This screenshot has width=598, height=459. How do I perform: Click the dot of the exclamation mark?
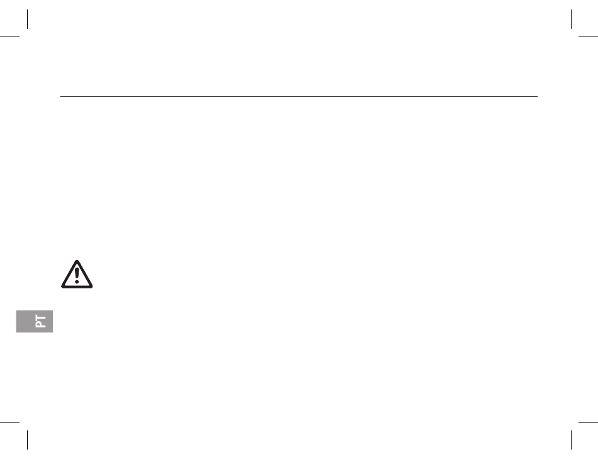pos(77,281)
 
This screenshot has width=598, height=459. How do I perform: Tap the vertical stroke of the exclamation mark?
pos(77,273)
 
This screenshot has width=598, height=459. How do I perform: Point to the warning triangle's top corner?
pos(77,261)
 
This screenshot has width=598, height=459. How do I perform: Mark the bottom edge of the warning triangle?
pos(77,286)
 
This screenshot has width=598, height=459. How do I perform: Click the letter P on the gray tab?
pos(40,324)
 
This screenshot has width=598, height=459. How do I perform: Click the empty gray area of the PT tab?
pos(25,321)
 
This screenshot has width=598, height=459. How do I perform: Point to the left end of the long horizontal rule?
pos(60,96)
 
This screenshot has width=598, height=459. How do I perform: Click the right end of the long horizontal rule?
pos(538,96)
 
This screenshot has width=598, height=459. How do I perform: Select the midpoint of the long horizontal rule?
pos(299,96)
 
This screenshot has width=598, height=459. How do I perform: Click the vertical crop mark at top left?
pos(28,19)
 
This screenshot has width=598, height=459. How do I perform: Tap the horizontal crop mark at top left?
pos(9,37)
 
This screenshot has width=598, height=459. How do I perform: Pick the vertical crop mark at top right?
pos(572,19)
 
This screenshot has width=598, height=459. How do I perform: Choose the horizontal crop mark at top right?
pos(588,37)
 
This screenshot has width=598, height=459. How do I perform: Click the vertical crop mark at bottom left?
pos(28,440)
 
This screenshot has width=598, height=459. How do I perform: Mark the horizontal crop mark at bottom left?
pos(9,422)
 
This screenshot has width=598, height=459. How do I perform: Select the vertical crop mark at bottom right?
pos(572,440)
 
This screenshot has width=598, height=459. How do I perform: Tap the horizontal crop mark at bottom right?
pos(588,422)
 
